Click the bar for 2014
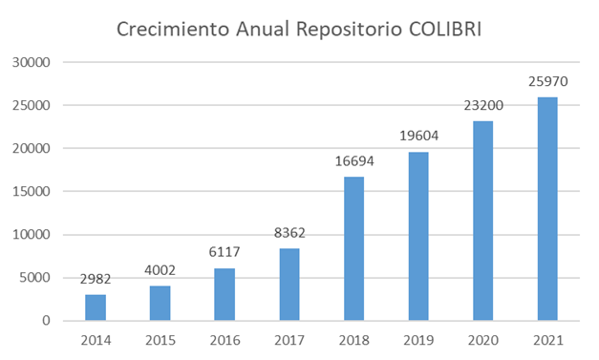point(96,307)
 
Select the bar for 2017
point(289,285)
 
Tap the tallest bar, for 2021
point(547,209)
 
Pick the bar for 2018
point(353,248)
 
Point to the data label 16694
point(354,161)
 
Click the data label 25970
point(548,81)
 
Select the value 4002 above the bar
point(160,270)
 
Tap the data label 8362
point(289,233)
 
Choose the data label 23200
point(483,105)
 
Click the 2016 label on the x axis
point(225,340)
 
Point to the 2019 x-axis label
point(418,340)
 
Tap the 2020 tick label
point(483,340)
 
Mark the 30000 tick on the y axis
point(32,62)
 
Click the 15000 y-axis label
point(32,191)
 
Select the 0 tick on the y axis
point(46,320)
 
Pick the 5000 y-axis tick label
point(35,278)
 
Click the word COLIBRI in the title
point(445,29)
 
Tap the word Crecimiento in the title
point(173,29)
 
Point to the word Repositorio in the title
point(349,31)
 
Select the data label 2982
point(96,279)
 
